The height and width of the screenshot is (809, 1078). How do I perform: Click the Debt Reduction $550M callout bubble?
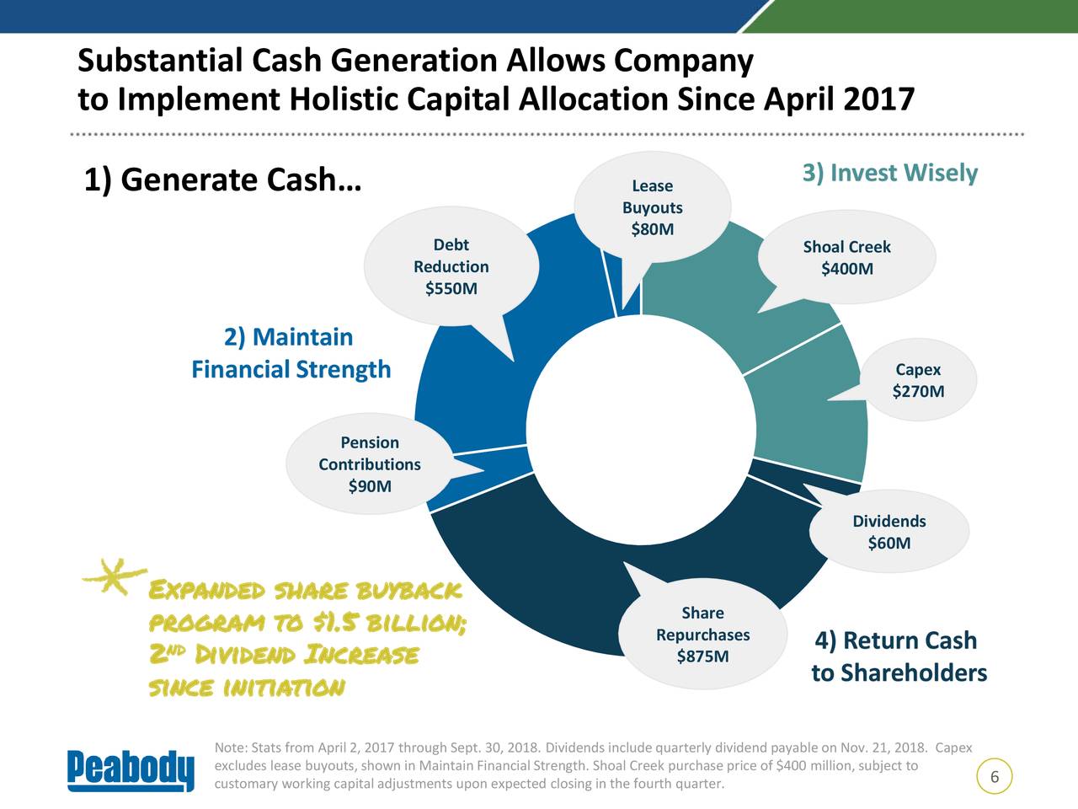(451, 266)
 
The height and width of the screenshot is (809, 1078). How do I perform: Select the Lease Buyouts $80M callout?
(652, 207)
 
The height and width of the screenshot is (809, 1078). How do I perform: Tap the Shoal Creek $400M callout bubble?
(846, 258)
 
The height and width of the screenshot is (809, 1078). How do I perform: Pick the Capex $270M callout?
(918, 381)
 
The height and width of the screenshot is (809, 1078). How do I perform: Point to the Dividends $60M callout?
(889, 532)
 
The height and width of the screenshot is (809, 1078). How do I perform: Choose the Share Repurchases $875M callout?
(702, 635)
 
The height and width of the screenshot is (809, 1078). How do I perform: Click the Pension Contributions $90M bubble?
(369, 464)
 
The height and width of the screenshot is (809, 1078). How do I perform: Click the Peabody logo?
(131, 769)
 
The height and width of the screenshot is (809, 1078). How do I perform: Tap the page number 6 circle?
(995, 777)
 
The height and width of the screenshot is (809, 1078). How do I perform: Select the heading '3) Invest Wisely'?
(889, 174)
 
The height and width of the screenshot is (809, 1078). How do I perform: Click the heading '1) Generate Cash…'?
(221, 179)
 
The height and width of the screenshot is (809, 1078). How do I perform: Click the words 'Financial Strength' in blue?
(291, 370)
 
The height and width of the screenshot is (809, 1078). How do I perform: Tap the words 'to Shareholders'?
(899, 673)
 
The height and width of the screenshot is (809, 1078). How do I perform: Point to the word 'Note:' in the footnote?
(231, 748)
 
